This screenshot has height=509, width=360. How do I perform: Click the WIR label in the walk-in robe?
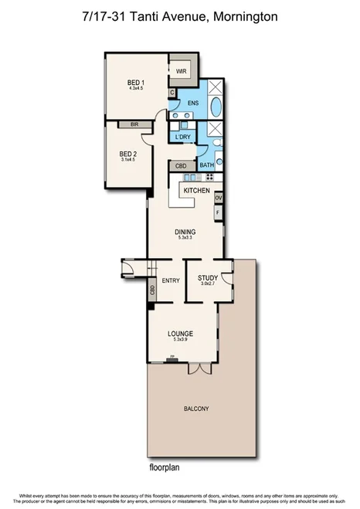point(182,71)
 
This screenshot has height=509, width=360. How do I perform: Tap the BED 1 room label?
point(137,83)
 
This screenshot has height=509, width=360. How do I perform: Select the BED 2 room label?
point(127,154)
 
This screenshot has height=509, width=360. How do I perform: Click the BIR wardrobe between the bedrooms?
point(134,123)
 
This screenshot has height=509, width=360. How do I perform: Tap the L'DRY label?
point(183,137)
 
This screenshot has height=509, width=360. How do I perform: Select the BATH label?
point(207,165)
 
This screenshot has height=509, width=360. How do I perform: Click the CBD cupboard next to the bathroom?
point(181,165)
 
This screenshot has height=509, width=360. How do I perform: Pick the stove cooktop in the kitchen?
point(209,177)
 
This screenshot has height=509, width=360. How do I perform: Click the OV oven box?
point(219,197)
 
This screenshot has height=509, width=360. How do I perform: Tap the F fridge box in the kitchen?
point(219,211)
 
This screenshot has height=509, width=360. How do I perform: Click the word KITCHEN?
point(196,189)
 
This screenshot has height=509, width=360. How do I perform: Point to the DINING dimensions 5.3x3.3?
point(185,238)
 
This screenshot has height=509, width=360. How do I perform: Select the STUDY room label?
point(207,278)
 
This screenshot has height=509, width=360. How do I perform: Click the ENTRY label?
point(170,280)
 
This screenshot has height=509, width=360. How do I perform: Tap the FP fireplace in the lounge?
point(172,358)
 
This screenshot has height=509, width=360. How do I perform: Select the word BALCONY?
point(195,409)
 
